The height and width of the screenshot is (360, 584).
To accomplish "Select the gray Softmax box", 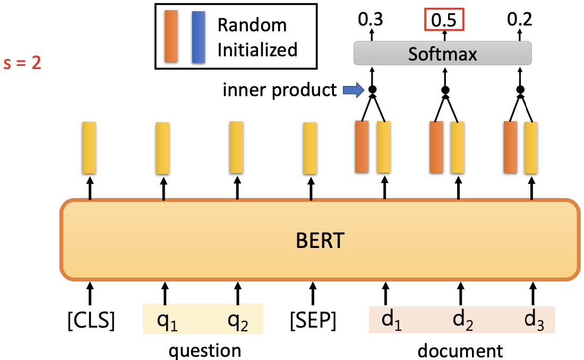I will pyautogui.click(x=442, y=54).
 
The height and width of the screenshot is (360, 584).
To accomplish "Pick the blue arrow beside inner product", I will pyautogui.click(x=351, y=90).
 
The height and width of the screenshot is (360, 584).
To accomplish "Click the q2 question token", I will pyautogui.click(x=237, y=321).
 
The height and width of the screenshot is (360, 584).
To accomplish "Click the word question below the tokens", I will pyautogui.click(x=204, y=350).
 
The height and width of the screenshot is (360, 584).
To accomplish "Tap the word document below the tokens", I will pyautogui.click(x=460, y=350).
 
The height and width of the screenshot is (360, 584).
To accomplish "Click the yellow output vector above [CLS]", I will pyautogui.click(x=89, y=148).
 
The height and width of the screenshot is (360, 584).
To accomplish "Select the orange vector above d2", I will pyautogui.click(x=436, y=147).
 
